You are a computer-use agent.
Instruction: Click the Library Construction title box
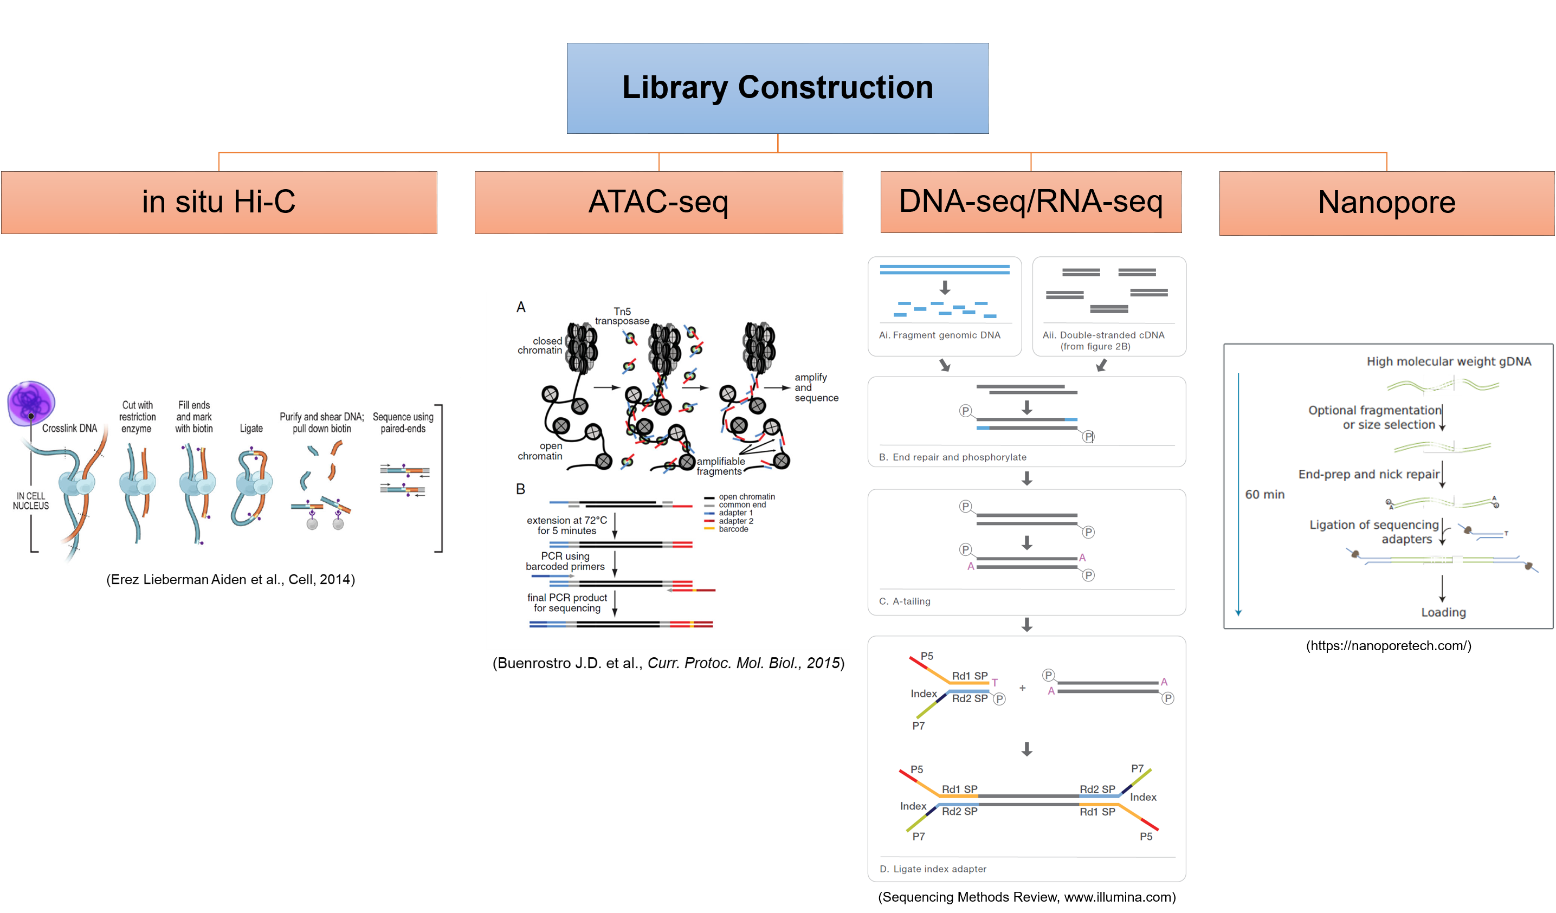click(777, 88)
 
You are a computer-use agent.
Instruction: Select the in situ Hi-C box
click(218, 203)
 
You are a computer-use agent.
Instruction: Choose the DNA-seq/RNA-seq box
click(1030, 202)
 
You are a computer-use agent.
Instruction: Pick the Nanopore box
click(1386, 203)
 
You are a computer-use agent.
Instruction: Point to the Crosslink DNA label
click(69, 429)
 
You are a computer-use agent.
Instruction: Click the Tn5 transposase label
click(622, 316)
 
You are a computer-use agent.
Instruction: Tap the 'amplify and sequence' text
click(816, 387)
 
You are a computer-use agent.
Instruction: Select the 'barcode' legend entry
click(733, 529)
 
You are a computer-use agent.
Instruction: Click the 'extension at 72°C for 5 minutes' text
click(566, 526)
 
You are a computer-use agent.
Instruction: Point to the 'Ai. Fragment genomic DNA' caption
click(939, 335)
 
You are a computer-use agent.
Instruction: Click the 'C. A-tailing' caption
click(904, 601)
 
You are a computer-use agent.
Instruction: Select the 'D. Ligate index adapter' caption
click(932, 869)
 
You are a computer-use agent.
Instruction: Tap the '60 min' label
click(1264, 495)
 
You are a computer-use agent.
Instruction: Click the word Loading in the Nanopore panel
click(1443, 612)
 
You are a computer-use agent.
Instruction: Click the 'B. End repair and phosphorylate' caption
click(952, 457)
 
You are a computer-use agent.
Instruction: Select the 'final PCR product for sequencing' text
click(567, 603)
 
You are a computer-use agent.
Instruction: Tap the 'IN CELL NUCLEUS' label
click(31, 501)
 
